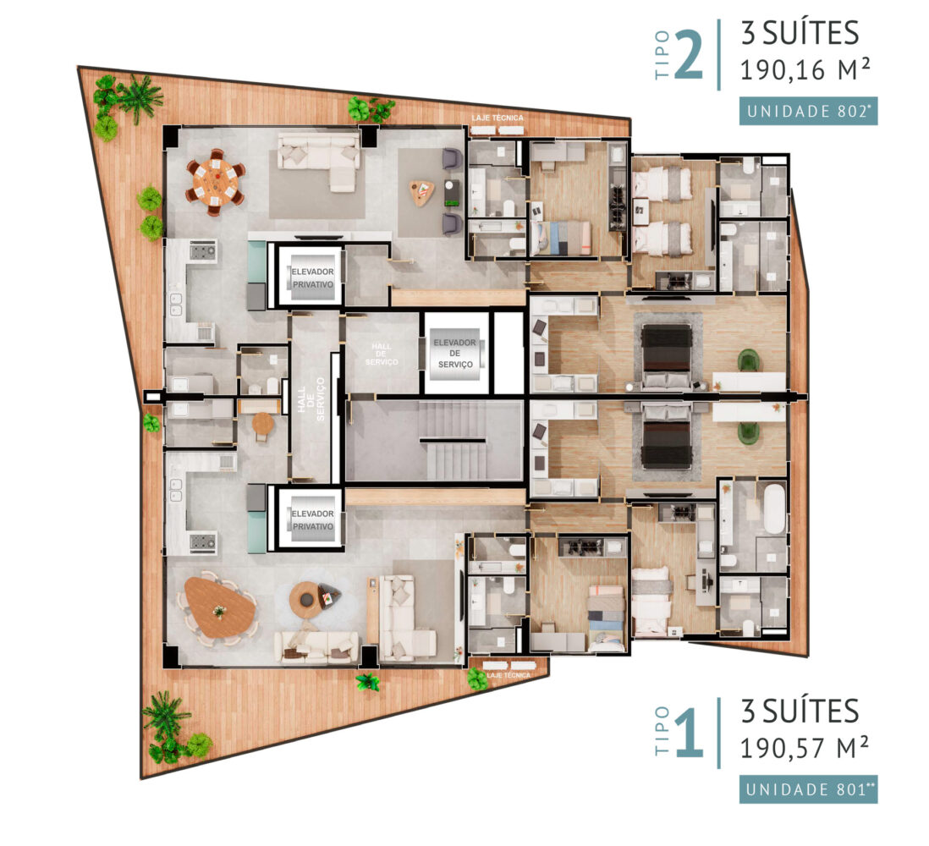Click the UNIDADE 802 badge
[x=808, y=112]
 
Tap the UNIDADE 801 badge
[x=808, y=789]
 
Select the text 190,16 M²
[x=805, y=70]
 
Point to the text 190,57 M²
[x=805, y=748]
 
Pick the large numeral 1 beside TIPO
[x=689, y=733]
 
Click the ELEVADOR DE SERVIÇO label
[x=454, y=353]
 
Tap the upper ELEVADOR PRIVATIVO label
[x=312, y=277]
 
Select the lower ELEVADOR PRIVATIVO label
[x=312, y=520]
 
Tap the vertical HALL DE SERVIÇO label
[x=311, y=398]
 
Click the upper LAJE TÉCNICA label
[x=497, y=118]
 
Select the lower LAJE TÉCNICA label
[x=508, y=675]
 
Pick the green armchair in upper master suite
[x=749, y=360]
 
